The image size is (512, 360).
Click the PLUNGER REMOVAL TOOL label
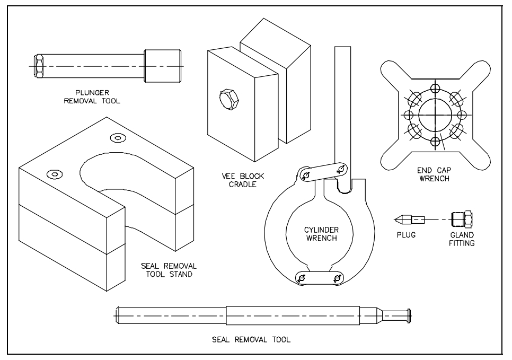(x=92, y=97)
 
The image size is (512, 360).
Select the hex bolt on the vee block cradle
(x=229, y=99)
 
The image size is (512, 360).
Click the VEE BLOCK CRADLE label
(x=243, y=180)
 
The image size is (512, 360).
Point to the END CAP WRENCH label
(x=434, y=174)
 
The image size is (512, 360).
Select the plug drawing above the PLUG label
(x=410, y=219)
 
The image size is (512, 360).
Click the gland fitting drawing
(x=462, y=218)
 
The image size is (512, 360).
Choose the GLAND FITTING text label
(x=462, y=239)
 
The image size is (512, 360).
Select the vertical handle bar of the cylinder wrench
(x=342, y=106)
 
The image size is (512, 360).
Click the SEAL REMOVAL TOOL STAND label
(x=169, y=270)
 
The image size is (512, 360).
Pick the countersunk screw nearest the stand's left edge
(x=55, y=173)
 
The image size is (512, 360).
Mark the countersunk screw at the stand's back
(x=118, y=138)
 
